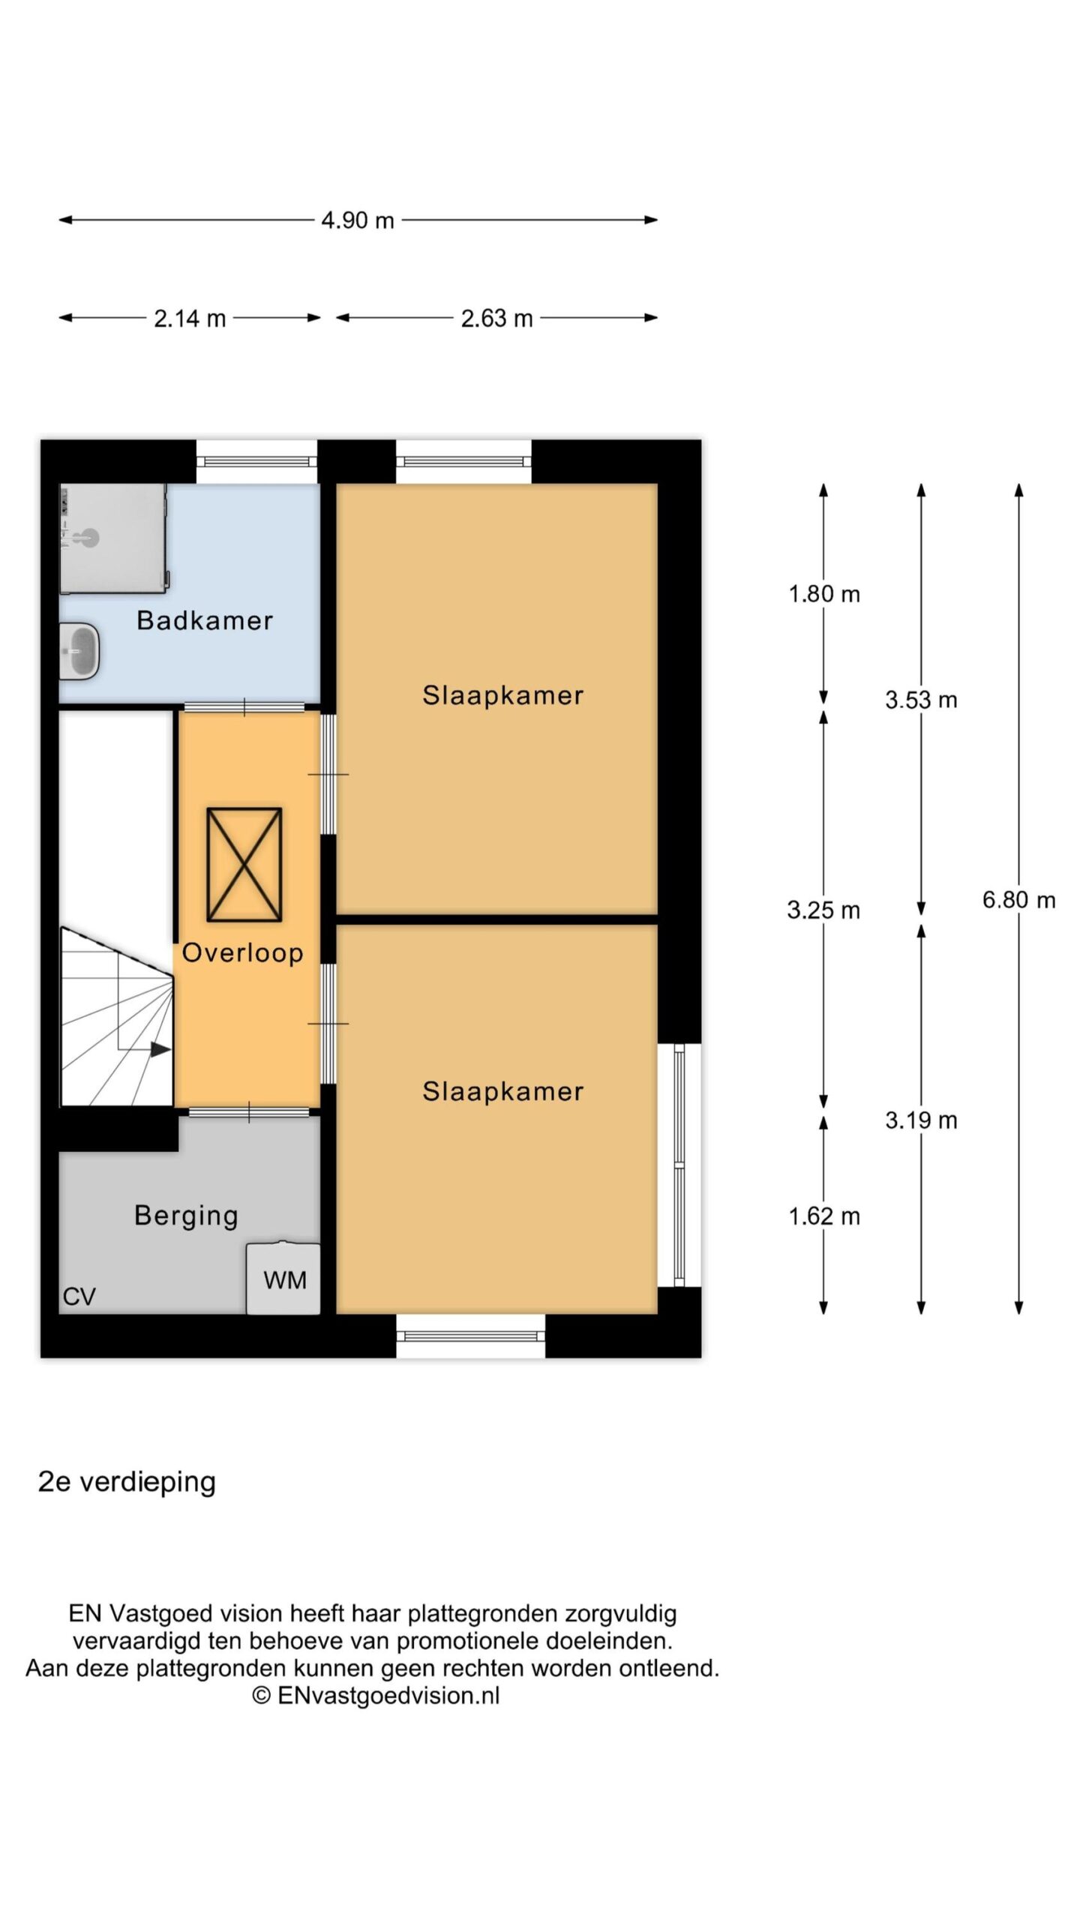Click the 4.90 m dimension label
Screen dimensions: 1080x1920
(x=358, y=220)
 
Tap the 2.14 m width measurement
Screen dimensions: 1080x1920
(x=190, y=319)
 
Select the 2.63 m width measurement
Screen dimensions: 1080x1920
(x=496, y=319)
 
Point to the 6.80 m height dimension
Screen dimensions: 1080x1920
(x=1018, y=899)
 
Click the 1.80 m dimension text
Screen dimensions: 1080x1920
(x=823, y=594)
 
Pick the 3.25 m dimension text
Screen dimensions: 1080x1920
(x=823, y=910)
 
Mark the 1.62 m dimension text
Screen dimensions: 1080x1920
(x=823, y=1216)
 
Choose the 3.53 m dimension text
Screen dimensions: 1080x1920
(x=921, y=700)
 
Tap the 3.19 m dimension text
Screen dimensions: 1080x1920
(x=921, y=1120)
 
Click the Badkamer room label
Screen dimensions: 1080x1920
(x=205, y=620)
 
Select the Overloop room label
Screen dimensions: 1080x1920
(x=242, y=952)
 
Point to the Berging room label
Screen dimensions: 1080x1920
(x=186, y=1216)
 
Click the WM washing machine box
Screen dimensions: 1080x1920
(x=283, y=1278)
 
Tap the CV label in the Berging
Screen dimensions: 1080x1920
(x=79, y=1297)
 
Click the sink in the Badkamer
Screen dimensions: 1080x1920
(x=79, y=650)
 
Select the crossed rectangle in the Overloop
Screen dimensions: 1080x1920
(x=244, y=864)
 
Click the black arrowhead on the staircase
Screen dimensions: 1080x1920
(x=160, y=1049)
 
